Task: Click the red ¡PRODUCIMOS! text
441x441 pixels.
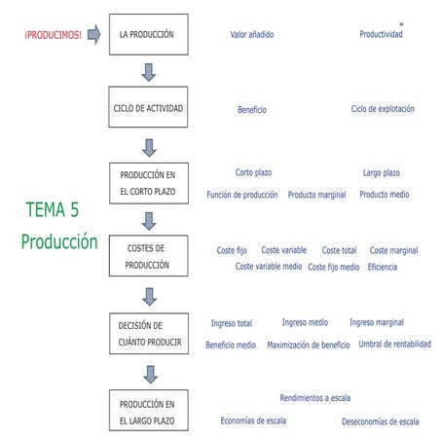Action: tap(54, 34)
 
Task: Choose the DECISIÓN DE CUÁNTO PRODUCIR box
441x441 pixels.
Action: tap(148, 334)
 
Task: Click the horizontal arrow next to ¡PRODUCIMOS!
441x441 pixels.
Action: tap(93, 34)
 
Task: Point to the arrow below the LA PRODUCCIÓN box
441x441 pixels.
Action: tap(148, 72)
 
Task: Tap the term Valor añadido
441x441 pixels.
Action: tap(251, 34)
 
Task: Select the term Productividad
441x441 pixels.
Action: tap(381, 34)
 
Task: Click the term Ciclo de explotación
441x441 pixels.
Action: tap(383, 109)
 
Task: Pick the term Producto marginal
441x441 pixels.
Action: tap(317, 195)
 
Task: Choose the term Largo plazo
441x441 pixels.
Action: tap(381, 172)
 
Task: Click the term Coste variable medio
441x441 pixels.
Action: tap(269, 266)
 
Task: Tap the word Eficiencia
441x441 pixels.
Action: tap(383, 266)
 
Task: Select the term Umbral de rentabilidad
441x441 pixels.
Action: tap(394, 344)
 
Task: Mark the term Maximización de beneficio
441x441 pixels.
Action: tap(308, 345)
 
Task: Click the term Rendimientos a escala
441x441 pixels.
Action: tap(314, 397)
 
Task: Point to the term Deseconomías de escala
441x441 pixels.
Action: tap(380, 422)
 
